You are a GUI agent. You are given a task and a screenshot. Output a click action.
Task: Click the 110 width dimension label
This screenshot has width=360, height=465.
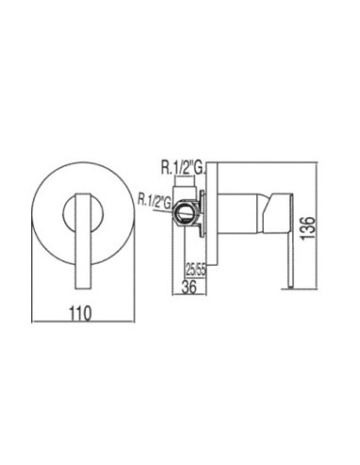point(80,313)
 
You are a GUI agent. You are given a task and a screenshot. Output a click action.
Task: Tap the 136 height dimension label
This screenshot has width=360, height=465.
point(307,228)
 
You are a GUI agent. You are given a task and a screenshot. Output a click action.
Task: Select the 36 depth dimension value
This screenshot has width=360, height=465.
point(189,286)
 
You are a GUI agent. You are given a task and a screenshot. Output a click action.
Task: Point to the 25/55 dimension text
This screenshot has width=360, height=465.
point(196,270)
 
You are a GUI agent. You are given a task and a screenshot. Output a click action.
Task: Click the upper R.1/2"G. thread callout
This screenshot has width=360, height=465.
point(182,168)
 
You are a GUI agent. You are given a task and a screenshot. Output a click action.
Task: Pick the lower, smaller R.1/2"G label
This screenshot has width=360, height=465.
point(154,201)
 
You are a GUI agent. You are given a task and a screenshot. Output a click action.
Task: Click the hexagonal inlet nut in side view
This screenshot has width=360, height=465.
point(186,214)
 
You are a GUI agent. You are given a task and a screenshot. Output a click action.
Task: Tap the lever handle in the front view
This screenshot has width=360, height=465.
point(82,240)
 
